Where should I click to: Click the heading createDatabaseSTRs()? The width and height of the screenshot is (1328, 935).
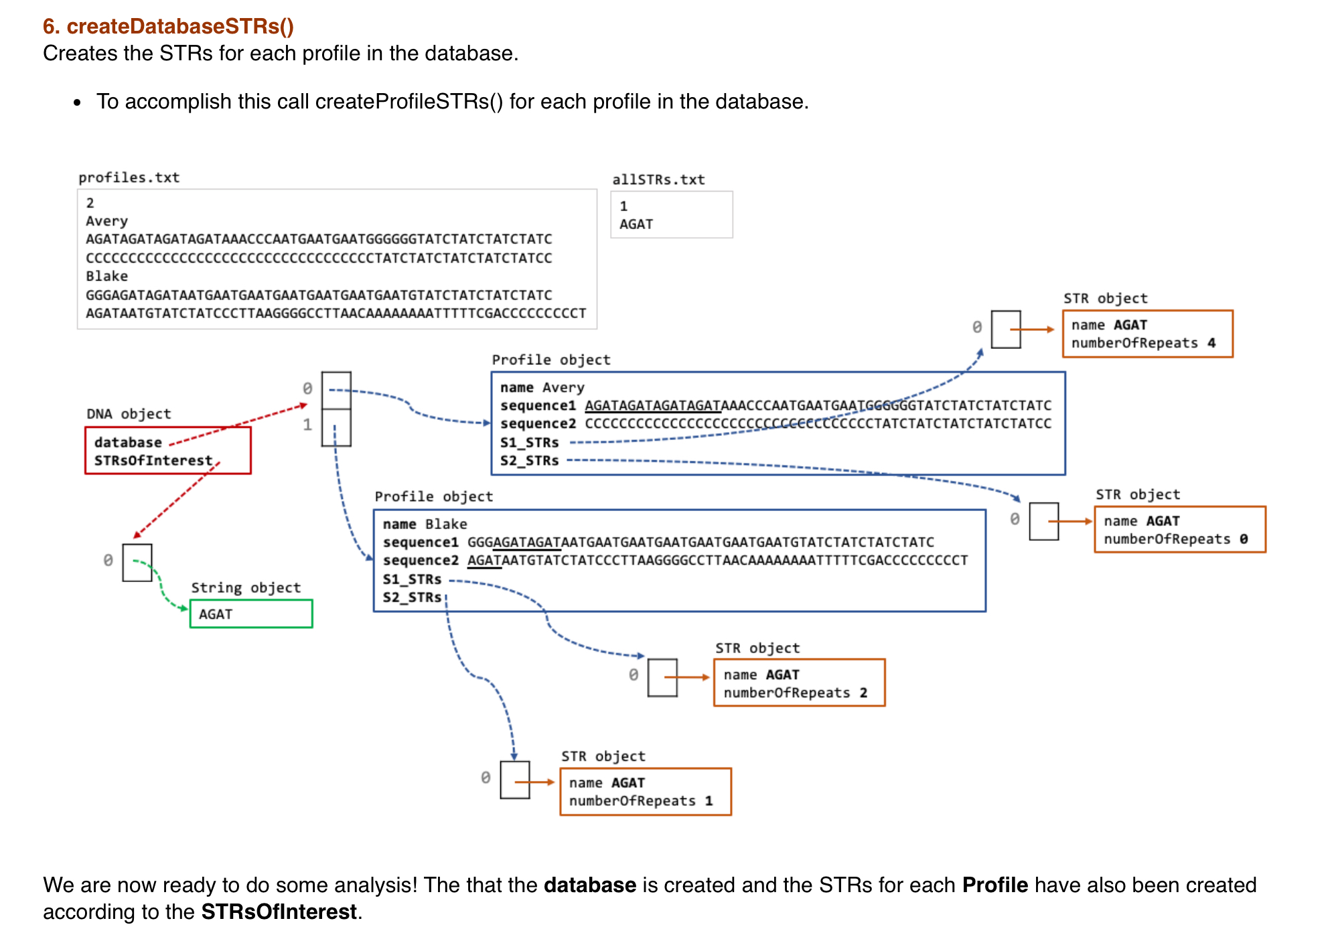click(168, 26)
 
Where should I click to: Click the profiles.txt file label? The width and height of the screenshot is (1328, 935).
click(129, 177)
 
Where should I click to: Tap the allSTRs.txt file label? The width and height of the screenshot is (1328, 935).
click(658, 179)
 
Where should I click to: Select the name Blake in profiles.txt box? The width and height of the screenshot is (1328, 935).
click(106, 276)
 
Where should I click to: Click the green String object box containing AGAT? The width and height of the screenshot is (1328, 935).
click(250, 614)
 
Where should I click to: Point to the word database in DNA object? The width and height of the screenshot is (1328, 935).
click(128, 442)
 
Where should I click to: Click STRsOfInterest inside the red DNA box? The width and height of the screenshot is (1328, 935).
click(153, 460)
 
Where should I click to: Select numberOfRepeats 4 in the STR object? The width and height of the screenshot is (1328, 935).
click(1142, 343)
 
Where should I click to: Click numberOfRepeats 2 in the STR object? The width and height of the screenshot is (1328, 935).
click(795, 693)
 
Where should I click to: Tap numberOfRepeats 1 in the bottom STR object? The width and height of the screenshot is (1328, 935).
click(640, 800)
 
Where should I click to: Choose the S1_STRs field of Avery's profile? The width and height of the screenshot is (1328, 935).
click(529, 442)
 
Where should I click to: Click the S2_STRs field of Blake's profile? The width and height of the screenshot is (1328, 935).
click(412, 597)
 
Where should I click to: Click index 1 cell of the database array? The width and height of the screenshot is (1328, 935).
click(336, 428)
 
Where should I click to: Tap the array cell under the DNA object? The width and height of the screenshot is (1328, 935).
click(137, 563)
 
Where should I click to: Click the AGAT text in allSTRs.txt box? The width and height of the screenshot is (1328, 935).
click(636, 224)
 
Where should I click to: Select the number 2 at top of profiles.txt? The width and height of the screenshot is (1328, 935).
click(90, 203)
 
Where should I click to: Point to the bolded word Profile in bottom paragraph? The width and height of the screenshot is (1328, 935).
click(994, 885)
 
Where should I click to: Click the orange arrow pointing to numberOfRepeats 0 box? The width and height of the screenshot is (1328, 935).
click(1069, 521)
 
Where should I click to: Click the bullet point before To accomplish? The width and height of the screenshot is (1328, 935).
click(78, 102)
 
